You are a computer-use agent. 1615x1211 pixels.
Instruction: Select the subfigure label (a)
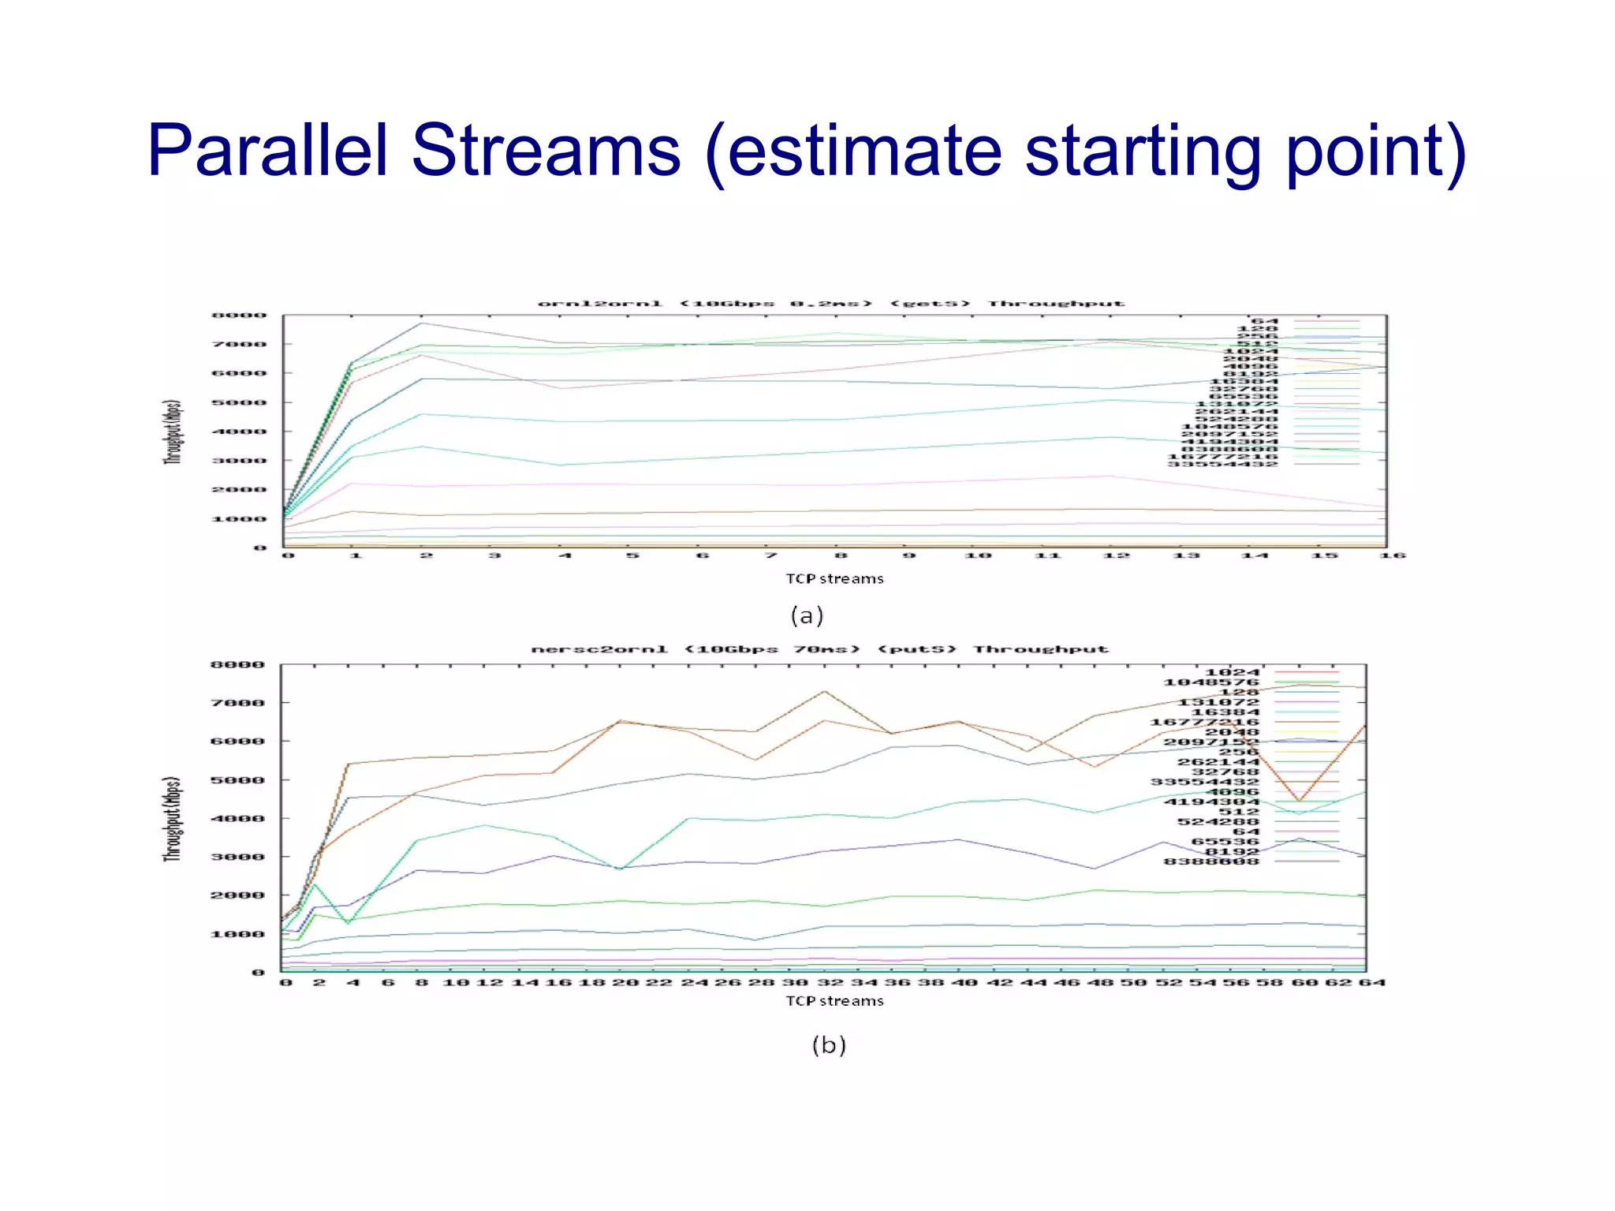[807, 615]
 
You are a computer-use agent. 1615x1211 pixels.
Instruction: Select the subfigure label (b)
[829, 1045]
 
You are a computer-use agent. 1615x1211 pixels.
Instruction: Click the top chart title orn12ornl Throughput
[830, 304]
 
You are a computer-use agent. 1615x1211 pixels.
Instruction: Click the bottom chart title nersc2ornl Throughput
[819, 649]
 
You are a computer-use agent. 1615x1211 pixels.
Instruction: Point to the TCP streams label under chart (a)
[834, 579]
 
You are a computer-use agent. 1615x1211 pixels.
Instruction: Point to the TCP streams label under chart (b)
[834, 1001]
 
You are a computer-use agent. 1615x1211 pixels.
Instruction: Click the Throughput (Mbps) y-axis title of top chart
[173, 432]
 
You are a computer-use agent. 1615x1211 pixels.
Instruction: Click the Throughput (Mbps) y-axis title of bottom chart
[173, 818]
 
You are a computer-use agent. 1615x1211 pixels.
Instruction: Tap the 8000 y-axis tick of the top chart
[239, 316]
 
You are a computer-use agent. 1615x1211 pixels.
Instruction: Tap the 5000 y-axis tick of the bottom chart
[237, 780]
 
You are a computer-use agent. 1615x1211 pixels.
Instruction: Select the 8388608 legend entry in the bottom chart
[1212, 862]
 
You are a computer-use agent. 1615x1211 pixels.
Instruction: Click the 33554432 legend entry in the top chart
[1222, 464]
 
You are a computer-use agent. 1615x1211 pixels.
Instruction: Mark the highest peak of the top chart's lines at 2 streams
[423, 323]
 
